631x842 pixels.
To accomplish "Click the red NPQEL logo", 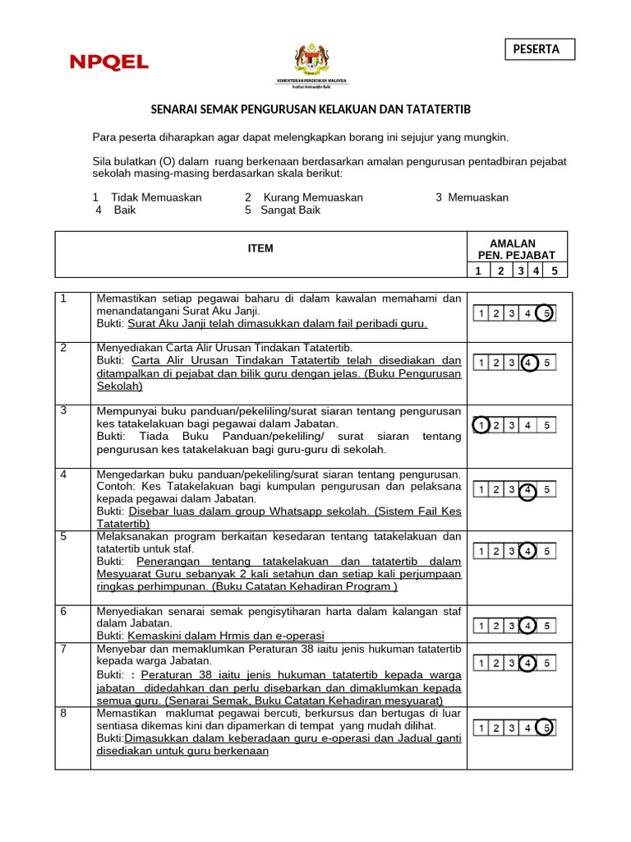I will (x=109, y=62).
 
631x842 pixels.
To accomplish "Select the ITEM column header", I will (x=260, y=248).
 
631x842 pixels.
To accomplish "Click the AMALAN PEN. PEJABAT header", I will (x=512, y=249).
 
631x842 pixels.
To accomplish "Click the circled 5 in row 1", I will (x=545, y=313).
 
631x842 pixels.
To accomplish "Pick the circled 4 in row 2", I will (x=529, y=363).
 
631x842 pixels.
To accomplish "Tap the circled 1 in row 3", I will (x=482, y=425).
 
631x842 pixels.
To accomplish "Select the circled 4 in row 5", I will (x=529, y=551).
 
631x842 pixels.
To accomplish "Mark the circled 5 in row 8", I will (x=545, y=728).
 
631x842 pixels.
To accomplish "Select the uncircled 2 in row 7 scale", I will (x=496, y=663).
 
